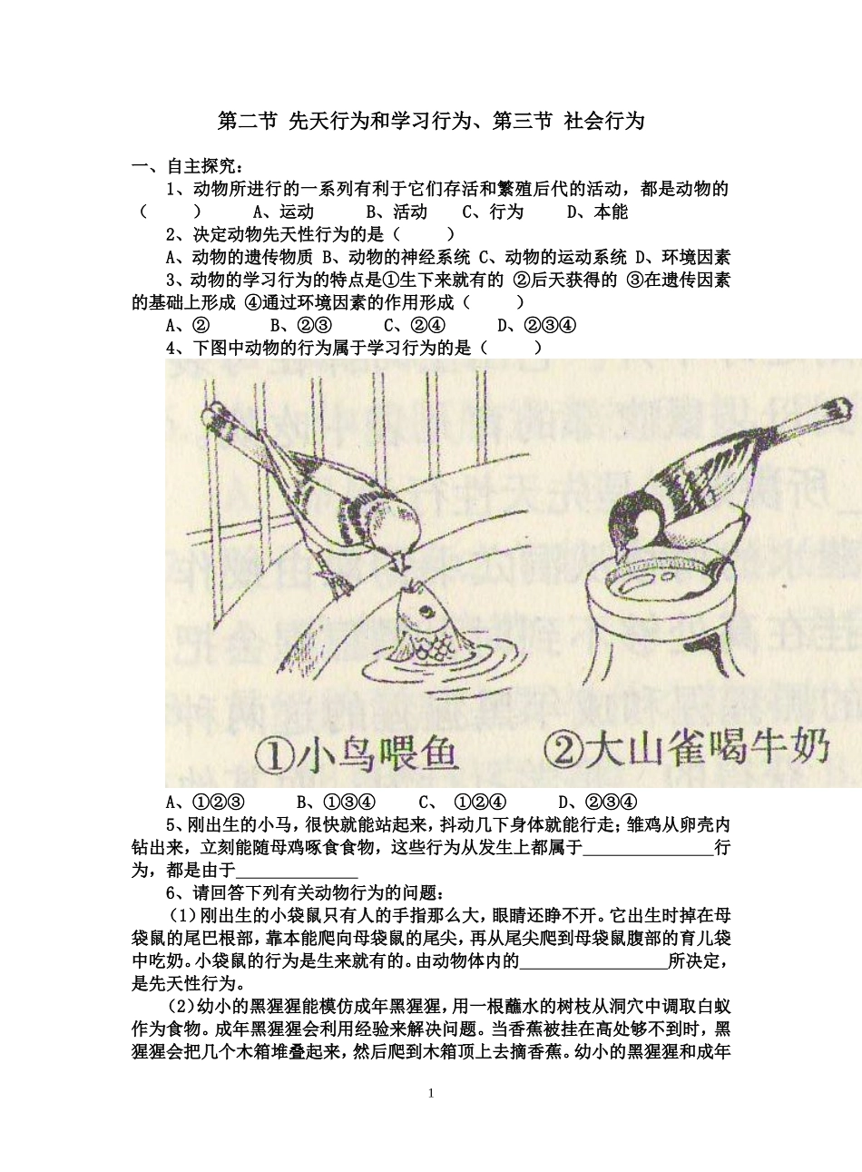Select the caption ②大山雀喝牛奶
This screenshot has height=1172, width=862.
[686, 750]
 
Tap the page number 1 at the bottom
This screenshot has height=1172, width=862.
[431, 1093]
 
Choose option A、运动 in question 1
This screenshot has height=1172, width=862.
[283, 212]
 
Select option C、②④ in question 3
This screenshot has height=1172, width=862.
[414, 325]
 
